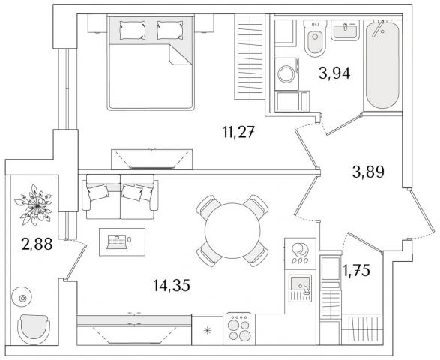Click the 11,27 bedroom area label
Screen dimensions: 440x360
[x=239, y=132]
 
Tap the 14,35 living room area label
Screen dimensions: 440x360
[x=172, y=285]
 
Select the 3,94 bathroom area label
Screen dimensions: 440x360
[x=334, y=73]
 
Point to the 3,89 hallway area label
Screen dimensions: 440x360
[x=368, y=172]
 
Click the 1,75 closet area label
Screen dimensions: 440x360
[x=356, y=270]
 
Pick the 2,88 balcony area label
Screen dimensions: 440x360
[x=37, y=244]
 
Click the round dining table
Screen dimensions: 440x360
[x=232, y=230]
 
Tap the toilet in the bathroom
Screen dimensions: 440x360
[x=315, y=38]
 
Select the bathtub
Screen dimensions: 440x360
[x=382, y=65]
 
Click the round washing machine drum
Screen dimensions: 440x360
[x=286, y=73]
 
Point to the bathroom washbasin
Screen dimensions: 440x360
[x=345, y=30]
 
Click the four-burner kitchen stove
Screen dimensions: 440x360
[x=239, y=329]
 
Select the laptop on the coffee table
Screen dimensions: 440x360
[x=117, y=242]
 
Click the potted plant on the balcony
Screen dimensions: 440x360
[x=34, y=205]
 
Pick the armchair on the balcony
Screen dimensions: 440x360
[x=34, y=329]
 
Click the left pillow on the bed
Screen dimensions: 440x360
[x=133, y=30]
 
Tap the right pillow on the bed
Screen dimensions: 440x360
[x=169, y=30]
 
